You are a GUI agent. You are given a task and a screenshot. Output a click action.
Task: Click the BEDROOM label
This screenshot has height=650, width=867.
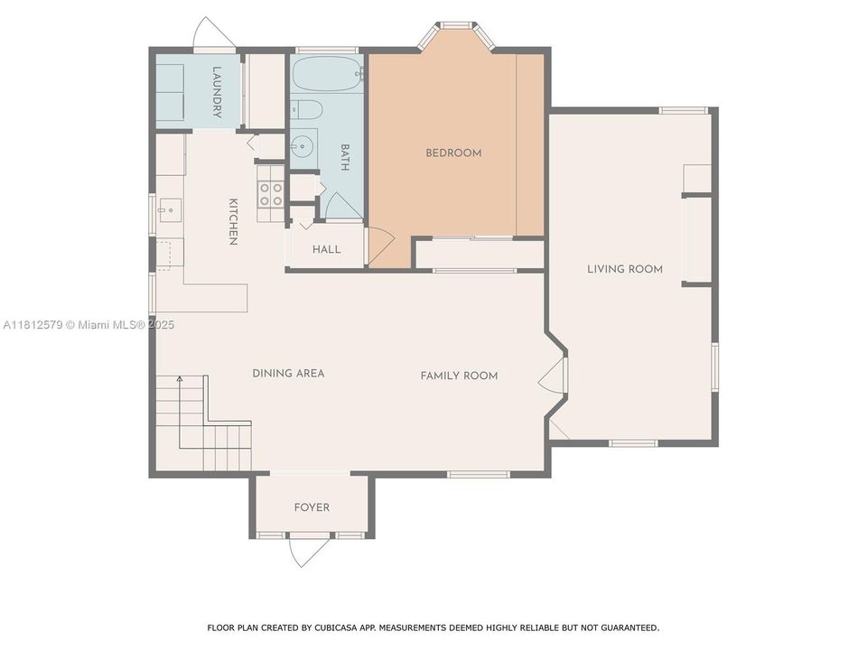click(453, 153)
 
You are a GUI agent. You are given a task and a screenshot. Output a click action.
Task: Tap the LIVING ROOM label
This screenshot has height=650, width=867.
click(625, 269)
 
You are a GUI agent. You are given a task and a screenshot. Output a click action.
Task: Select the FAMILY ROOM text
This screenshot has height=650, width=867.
click(459, 376)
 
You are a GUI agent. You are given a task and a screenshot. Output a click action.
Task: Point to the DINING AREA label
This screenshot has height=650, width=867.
click(288, 373)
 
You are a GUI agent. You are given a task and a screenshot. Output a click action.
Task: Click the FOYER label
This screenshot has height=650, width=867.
click(312, 507)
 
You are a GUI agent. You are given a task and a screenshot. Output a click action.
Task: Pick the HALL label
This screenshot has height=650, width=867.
click(326, 249)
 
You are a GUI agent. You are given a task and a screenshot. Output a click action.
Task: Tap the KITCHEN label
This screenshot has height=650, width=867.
click(233, 221)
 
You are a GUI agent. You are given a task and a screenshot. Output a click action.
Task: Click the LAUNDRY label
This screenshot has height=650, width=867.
click(217, 92)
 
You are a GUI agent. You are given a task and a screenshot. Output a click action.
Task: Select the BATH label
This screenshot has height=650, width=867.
click(344, 157)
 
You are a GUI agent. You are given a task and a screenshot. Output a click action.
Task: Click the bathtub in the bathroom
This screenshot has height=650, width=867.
click(327, 74)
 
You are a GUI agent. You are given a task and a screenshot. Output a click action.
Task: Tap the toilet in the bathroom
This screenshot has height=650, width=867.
click(306, 110)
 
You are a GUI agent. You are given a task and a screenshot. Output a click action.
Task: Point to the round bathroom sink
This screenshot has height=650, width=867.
click(303, 147)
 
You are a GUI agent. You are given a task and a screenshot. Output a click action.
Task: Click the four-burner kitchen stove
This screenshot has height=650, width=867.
click(271, 193)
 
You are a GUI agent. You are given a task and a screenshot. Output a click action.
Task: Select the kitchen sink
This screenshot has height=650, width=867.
click(171, 210)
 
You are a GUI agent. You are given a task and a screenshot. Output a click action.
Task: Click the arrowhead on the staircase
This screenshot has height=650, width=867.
click(180, 378)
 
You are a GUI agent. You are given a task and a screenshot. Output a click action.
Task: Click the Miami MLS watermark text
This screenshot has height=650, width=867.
click(89, 325)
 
